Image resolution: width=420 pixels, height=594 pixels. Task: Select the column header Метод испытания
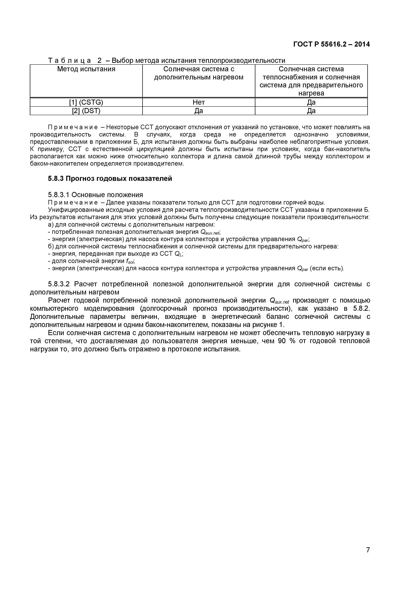[x=86, y=69]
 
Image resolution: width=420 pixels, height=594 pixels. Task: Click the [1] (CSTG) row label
[x=86, y=102]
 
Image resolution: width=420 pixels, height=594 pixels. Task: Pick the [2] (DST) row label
[x=86, y=111]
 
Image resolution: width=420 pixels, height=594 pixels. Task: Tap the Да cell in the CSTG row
[x=311, y=102]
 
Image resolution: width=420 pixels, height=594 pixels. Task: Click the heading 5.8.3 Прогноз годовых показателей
[x=110, y=178]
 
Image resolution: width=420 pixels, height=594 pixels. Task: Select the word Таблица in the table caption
[x=69, y=61]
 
